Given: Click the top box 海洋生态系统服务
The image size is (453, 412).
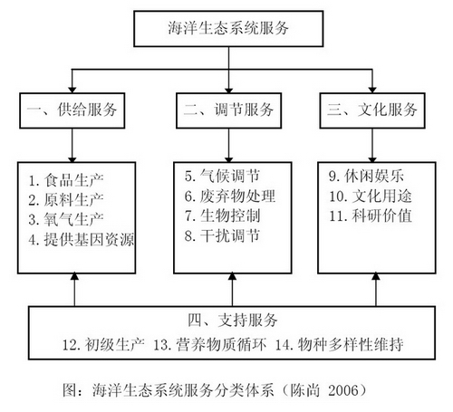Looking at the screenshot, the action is point(228,29).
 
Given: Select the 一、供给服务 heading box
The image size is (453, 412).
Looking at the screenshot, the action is point(72,110).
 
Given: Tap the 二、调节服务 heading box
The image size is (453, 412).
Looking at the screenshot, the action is point(229,110).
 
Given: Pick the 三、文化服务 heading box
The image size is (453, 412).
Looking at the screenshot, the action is point(372,110).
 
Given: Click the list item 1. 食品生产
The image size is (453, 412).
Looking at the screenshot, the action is point(66,180).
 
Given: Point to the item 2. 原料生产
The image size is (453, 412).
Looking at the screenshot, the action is point(66,200).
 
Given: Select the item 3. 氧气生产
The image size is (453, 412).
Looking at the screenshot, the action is point(66,219).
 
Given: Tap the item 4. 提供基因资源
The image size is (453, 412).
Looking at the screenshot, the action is point(82,240).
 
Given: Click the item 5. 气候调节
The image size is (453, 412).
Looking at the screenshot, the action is point(222,176).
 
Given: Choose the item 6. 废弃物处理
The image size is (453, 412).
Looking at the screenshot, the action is point(230,196).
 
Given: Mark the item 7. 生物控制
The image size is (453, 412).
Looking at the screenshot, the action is point(222,216).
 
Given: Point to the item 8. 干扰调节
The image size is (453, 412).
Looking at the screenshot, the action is point(222,235).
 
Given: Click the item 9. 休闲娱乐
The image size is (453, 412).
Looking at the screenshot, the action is point(366,176).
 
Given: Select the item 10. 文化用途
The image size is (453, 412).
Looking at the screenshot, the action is point(371,196).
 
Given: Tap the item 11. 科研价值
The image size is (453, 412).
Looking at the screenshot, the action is point(371,216).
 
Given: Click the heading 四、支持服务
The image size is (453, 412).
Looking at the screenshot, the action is point(233,321).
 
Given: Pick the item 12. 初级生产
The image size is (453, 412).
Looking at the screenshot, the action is point(103,344).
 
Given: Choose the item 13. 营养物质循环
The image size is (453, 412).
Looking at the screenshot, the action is point(210,344).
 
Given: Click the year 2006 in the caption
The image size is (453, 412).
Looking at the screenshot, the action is point(343,390).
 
